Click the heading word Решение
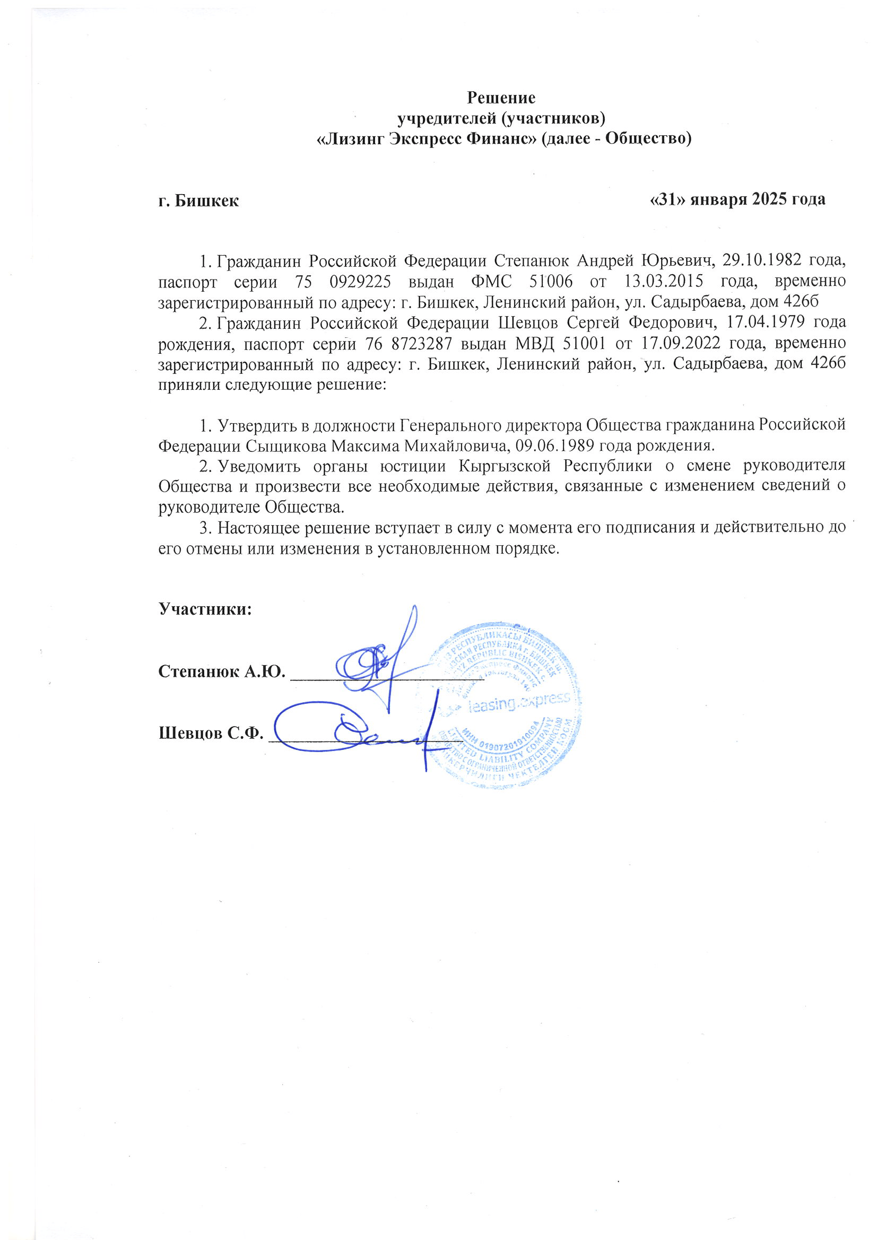pos(501,98)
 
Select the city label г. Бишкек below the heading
pos(198,201)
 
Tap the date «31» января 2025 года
pos(737,199)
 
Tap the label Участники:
pos(205,609)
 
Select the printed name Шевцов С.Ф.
pos(211,733)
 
